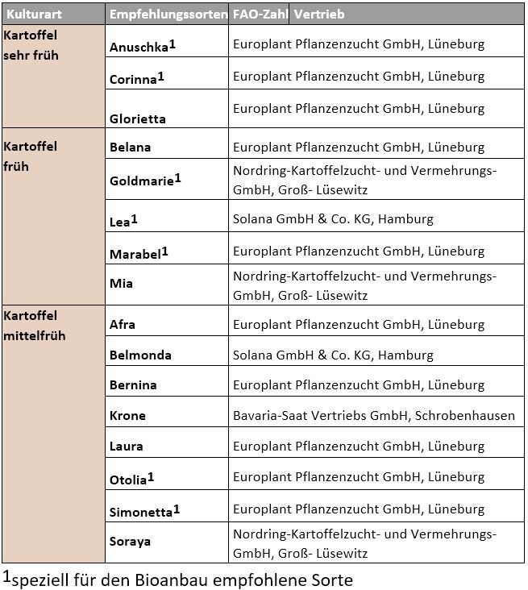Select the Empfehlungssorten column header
click(x=168, y=15)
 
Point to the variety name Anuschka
click(x=138, y=47)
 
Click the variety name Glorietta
click(x=138, y=118)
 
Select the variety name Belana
click(x=131, y=147)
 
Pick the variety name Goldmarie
click(x=142, y=181)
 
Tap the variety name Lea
click(x=119, y=221)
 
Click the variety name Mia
click(x=121, y=283)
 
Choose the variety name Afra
click(x=123, y=325)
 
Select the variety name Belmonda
click(x=141, y=355)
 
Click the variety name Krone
click(x=127, y=416)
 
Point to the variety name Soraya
click(x=131, y=542)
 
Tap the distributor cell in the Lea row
click(x=333, y=218)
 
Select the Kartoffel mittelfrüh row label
click(x=35, y=325)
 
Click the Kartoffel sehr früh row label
click(x=31, y=46)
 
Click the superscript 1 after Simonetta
click(x=177, y=508)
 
